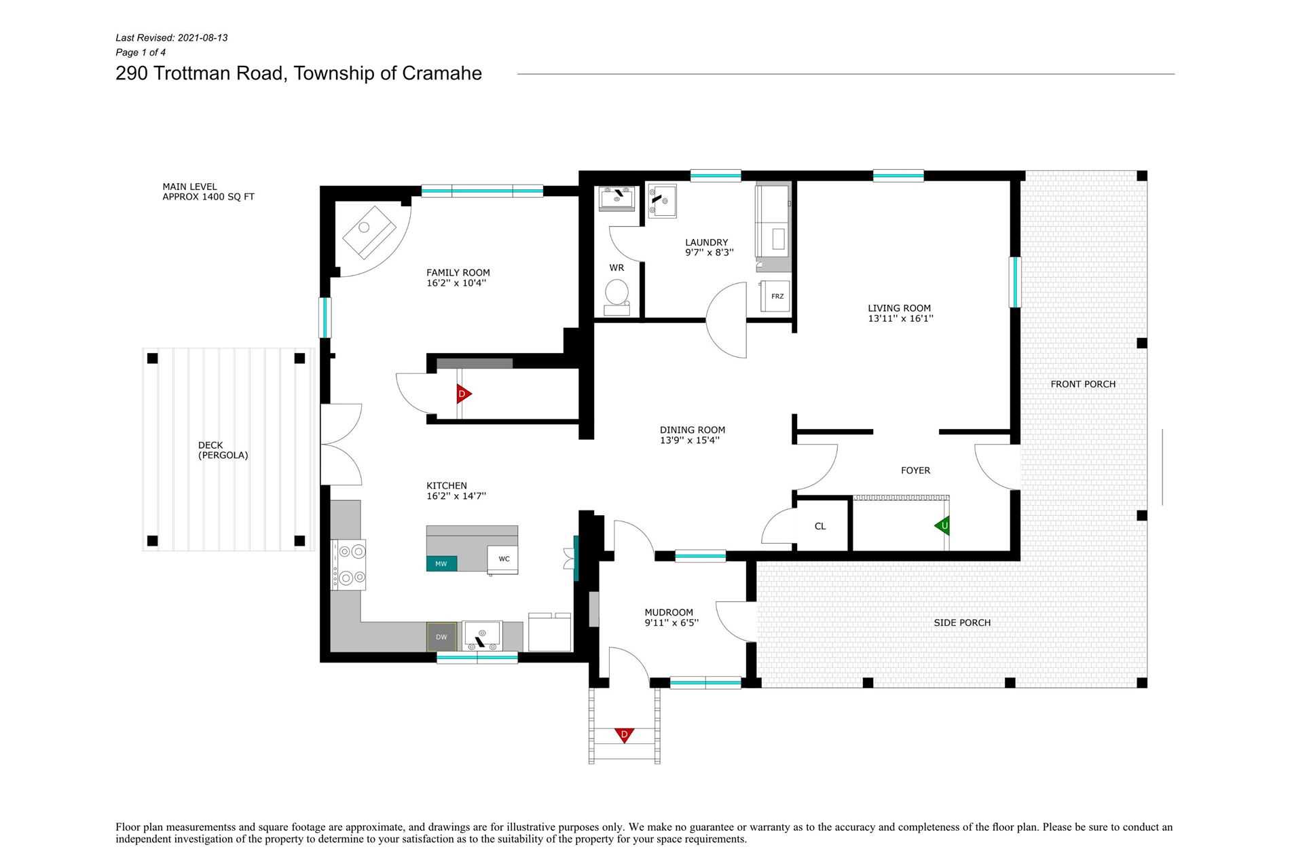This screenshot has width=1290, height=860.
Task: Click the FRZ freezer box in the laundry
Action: [x=775, y=296]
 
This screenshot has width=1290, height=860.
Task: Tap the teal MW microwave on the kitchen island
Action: [x=441, y=563]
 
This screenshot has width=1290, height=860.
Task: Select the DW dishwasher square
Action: [x=441, y=637]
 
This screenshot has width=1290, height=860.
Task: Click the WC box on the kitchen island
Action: [x=503, y=559]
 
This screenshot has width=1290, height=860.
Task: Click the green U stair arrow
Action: [x=942, y=525]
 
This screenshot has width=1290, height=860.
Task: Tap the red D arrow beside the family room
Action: [x=464, y=394]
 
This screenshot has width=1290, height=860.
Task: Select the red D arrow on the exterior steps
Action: [x=624, y=734]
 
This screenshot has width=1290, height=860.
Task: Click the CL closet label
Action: [x=820, y=526]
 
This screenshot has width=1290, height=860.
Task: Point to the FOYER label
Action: [x=915, y=470]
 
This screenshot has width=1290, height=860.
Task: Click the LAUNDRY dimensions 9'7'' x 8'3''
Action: [x=709, y=253]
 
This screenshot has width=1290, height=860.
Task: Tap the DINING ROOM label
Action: [x=693, y=430]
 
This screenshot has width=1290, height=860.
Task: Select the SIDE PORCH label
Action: [x=962, y=622]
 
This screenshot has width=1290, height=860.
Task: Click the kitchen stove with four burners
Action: [x=348, y=565]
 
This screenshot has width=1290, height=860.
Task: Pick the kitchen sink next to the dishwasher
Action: [x=482, y=636]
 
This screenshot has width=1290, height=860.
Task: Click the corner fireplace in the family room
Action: [x=370, y=231]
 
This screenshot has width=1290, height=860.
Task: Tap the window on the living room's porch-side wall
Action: [x=1015, y=282]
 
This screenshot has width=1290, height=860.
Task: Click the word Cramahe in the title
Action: [x=442, y=73]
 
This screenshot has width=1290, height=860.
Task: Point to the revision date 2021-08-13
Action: [x=202, y=38]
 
